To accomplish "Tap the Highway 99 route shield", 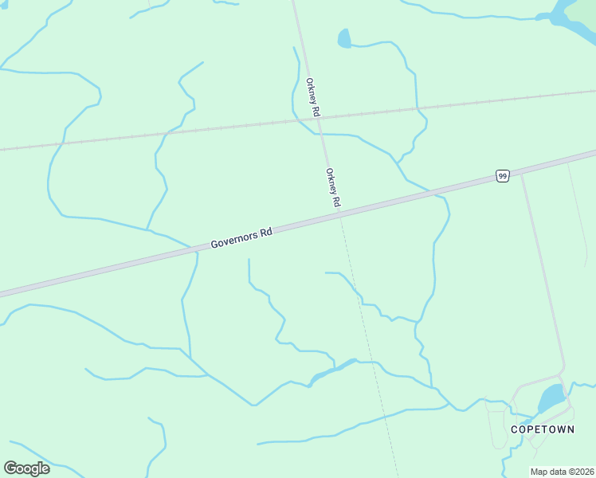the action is pyautogui.click(x=502, y=175).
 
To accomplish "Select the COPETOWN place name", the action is pyautogui.click(x=542, y=429).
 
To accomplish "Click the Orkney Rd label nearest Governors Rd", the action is pyautogui.click(x=333, y=189).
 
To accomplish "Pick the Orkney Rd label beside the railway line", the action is pyautogui.click(x=313, y=98).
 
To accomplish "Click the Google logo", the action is pyautogui.click(x=26, y=468).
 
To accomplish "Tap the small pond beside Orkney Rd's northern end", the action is pyautogui.click(x=344, y=37).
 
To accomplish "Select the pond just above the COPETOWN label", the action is pyautogui.click(x=551, y=398).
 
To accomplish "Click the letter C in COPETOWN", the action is pyautogui.click(x=514, y=429).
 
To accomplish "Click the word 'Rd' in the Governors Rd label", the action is pyautogui.click(x=267, y=232).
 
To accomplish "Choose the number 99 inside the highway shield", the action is pyautogui.click(x=502, y=175).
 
